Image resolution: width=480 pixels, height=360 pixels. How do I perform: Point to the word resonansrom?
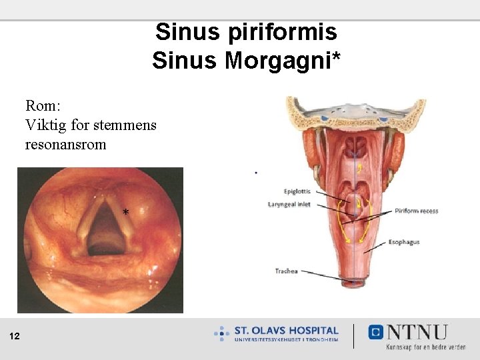[x=65, y=143]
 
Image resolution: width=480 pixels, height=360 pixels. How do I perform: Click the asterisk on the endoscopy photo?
[x=126, y=213]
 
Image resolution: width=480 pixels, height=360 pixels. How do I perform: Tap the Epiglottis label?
[x=297, y=191]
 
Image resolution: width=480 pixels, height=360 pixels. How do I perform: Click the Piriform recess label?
[x=416, y=211]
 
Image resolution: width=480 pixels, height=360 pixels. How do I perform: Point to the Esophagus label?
[x=404, y=242]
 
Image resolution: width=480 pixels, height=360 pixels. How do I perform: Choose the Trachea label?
[x=286, y=271]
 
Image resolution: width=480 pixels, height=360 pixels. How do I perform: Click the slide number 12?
[x=15, y=337]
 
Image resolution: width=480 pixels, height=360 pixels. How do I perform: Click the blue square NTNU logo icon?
[x=375, y=331]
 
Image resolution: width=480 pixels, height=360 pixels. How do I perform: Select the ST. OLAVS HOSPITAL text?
[x=286, y=330]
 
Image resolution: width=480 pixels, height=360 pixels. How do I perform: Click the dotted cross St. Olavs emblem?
[x=221, y=333]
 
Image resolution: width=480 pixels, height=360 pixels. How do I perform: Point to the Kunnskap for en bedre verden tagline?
[x=425, y=347]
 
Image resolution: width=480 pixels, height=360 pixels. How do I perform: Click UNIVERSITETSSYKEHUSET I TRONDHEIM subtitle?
[x=286, y=340]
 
